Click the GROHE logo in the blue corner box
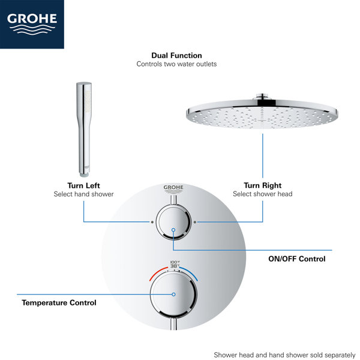click(32, 22)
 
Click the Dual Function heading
click(176, 55)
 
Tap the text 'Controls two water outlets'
click(176, 64)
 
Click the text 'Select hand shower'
click(83, 194)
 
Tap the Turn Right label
click(262, 185)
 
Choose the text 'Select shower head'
click(262, 194)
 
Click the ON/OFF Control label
click(296, 259)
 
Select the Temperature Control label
click(59, 303)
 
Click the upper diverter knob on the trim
click(173, 223)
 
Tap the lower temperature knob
click(173, 295)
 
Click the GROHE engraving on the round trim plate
click(173, 188)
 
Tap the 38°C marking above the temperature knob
click(175, 266)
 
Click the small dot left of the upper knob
click(153, 221)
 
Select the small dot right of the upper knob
click(194, 221)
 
